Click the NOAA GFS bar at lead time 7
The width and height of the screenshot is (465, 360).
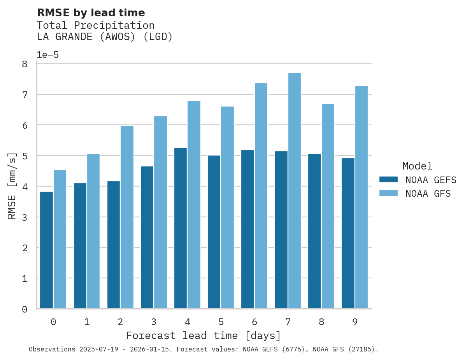[x=294, y=190]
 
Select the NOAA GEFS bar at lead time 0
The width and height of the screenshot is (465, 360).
[x=46, y=250]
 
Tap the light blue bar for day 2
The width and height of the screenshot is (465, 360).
[x=127, y=217]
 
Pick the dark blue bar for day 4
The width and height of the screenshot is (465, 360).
[x=180, y=228]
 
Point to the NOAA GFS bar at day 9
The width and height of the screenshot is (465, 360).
[x=361, y=197]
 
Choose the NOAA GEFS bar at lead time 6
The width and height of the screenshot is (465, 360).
[x=247, y=229]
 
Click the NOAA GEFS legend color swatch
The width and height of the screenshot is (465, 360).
[x=388, y=179]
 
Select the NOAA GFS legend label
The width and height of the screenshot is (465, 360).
[x=428, y=194]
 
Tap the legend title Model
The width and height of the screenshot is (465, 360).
[x=417, y=166]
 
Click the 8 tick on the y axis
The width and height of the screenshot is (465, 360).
[x=25, y=64]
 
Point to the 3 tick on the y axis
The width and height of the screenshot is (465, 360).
[x=25, y=217]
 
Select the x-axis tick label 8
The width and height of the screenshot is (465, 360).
[x=321, y=322]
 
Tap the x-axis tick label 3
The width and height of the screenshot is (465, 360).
[x=154, y=322]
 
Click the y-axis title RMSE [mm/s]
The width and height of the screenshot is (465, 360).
[x=12, y=186]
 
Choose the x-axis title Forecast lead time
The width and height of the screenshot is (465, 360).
[x=203, y=336]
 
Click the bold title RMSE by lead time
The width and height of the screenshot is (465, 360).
[x=91, y=13]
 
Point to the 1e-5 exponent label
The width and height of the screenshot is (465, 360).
[x=47, y=55]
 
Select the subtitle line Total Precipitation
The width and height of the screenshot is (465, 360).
[x=95, y=26]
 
